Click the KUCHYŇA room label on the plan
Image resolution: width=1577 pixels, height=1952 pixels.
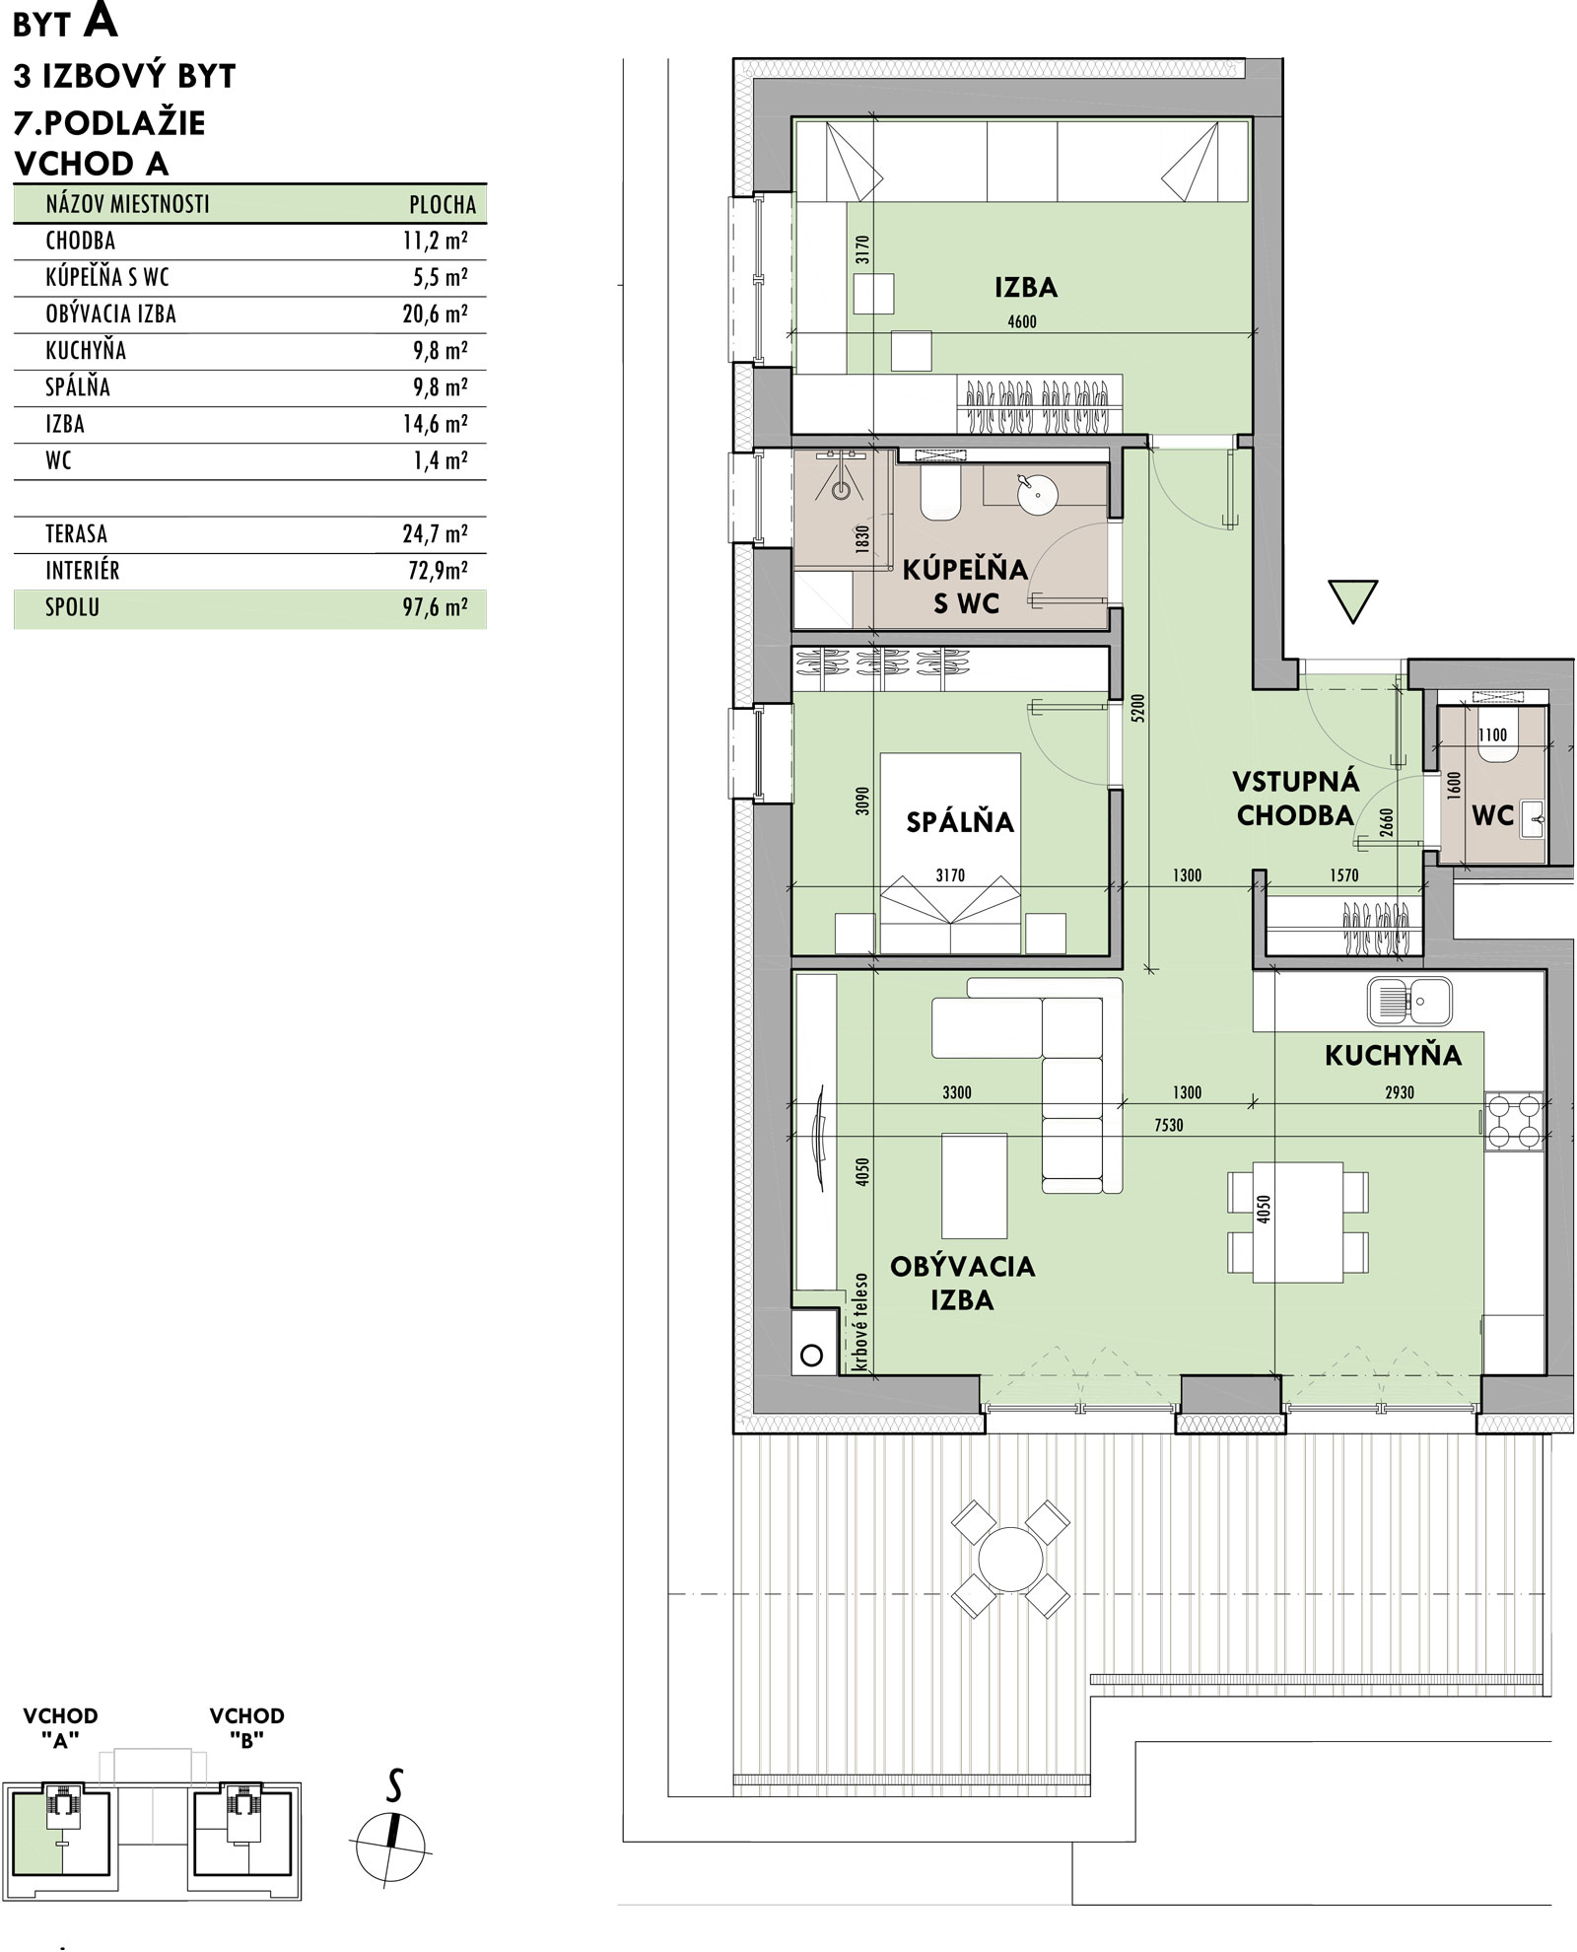[1393, 1055]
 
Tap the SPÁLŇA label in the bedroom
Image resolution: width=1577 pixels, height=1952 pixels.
[960, 821]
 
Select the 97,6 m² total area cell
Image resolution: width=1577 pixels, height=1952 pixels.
[436, 607]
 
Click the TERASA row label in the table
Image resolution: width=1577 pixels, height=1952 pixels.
[76, 534]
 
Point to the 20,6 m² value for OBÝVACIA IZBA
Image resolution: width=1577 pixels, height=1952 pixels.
[435, 314]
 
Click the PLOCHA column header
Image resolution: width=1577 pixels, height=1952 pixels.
[443, 205]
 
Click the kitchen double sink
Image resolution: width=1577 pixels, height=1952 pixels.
[1409, 1001]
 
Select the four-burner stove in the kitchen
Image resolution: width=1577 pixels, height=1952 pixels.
[1514, 1122]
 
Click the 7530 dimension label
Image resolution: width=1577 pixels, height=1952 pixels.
[1168, 1125]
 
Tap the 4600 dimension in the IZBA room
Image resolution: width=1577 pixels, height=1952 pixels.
[1022, 321]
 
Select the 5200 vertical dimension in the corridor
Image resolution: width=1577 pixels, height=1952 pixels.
[1139, 710]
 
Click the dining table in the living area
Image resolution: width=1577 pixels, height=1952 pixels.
[1297, 1222]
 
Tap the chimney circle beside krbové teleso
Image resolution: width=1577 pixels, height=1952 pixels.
[811, 1355]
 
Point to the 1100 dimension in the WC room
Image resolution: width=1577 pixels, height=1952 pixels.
[1492, 734]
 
